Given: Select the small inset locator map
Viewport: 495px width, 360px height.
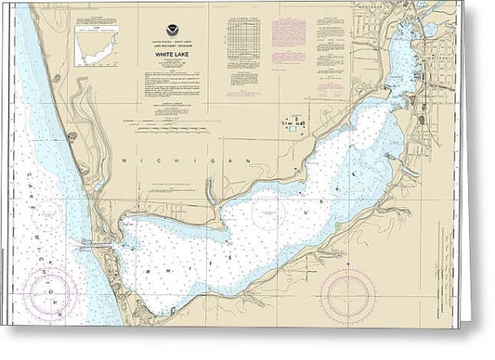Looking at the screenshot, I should click(x=97, y=44).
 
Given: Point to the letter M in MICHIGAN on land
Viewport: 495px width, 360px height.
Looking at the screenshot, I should click(x=125, y=161).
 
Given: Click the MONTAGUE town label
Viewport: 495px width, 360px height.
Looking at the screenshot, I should click(x=371, y=6).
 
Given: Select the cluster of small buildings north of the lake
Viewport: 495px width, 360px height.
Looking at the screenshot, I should click(x=293, y=124).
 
